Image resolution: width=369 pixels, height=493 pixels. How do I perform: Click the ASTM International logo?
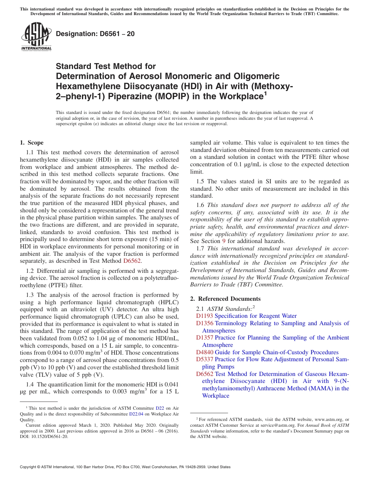36,37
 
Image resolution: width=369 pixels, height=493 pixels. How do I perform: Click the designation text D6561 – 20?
95,34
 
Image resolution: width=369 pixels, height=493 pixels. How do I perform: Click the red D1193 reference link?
204,316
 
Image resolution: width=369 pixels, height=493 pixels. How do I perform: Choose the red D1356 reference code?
204,323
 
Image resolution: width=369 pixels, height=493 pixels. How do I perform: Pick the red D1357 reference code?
204,338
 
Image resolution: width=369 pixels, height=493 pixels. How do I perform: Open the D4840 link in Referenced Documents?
204,352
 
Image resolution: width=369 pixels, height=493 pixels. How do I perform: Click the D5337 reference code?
204,359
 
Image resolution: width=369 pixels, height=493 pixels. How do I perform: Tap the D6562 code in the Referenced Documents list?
204,374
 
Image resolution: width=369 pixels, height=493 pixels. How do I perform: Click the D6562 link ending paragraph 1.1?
129,261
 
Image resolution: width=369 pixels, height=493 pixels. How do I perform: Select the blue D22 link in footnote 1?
160,408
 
